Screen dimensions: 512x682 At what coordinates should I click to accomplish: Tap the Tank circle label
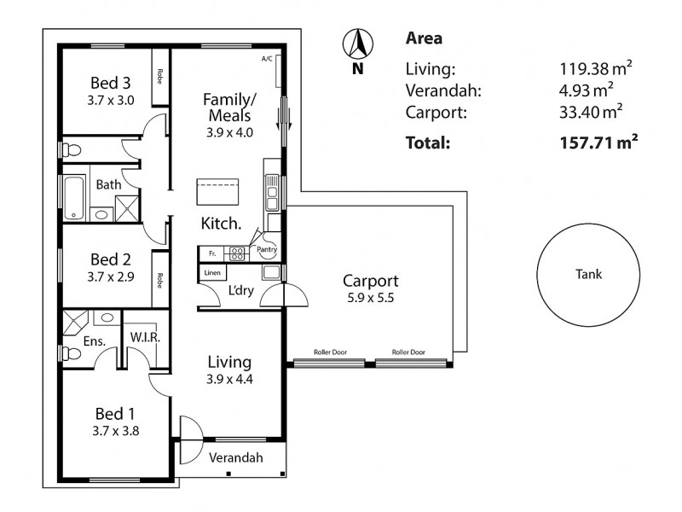589,274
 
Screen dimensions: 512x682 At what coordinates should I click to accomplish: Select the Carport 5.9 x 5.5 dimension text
371,299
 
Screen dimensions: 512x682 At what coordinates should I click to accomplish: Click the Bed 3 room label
112,83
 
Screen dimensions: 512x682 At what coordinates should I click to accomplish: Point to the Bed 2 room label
112,259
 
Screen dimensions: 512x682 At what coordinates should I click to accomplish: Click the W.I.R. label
146,337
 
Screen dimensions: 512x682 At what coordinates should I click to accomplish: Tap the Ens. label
94,341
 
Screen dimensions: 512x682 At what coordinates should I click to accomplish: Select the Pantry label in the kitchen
268,249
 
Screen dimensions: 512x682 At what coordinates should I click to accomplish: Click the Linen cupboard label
212,272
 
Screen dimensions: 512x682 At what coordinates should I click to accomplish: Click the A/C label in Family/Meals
267,59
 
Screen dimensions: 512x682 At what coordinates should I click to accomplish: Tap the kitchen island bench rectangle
217,191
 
